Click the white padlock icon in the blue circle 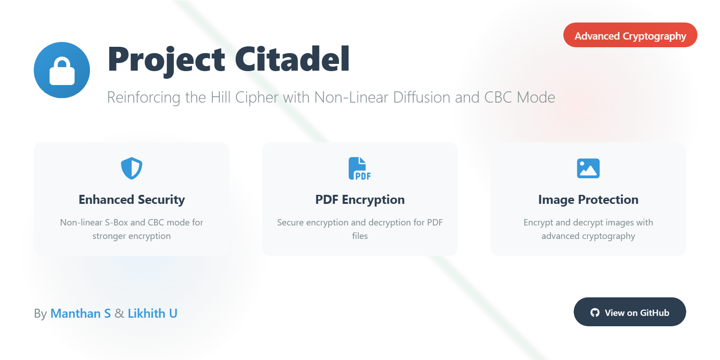point(62,71)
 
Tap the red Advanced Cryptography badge point(630,35)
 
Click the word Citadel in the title point(292,59)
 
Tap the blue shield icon point(131,168)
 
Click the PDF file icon point(360,168)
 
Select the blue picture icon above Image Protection point(588,168)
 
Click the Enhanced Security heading point(132,200)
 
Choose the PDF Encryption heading point(360,200)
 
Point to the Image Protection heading point(588,200)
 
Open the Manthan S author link point(81,313)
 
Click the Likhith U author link point(153,313)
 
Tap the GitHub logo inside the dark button point(594,312)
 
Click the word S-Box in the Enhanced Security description point(117,222)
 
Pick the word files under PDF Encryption point(360,236)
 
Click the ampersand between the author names point(119,313)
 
